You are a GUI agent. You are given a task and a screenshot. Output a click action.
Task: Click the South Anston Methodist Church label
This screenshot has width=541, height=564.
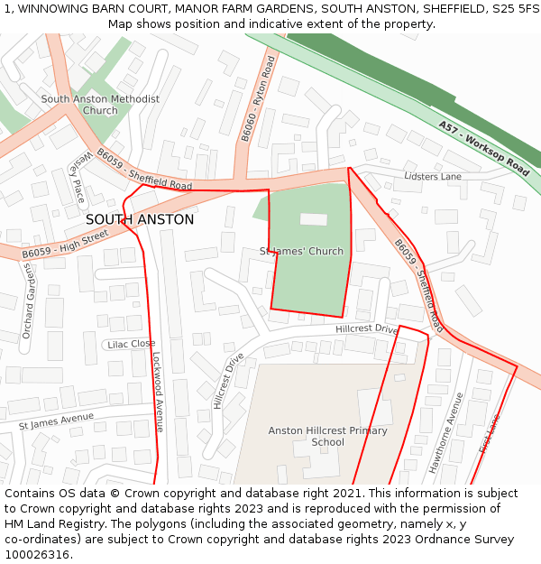100,105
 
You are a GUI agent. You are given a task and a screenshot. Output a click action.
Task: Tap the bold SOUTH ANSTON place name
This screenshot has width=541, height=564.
140,219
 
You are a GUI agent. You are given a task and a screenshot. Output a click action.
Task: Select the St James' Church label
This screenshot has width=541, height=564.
301,251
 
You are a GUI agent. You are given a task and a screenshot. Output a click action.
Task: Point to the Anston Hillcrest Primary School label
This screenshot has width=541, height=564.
327,437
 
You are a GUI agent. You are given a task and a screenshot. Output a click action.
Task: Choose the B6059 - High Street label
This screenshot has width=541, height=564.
65,244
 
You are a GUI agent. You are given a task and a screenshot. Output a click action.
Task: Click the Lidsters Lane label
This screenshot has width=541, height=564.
433,176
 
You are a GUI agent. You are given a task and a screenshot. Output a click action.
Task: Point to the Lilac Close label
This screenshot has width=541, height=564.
131,344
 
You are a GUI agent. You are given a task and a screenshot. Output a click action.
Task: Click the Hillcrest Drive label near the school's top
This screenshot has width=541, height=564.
366,329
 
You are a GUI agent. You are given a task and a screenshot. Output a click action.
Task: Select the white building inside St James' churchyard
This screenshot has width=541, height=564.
314,219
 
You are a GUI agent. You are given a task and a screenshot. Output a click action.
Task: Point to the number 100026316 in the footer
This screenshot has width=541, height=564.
37,554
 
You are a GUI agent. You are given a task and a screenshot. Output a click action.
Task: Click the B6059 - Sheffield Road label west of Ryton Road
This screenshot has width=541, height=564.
144,169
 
